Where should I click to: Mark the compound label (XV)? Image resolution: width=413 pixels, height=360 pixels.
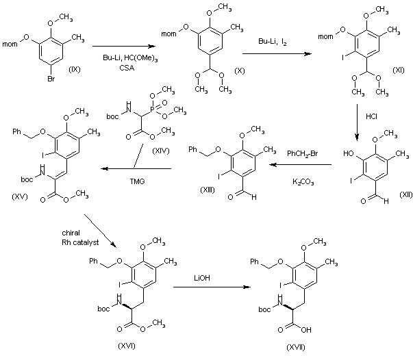pyautogui.click(x=21, y=196)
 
